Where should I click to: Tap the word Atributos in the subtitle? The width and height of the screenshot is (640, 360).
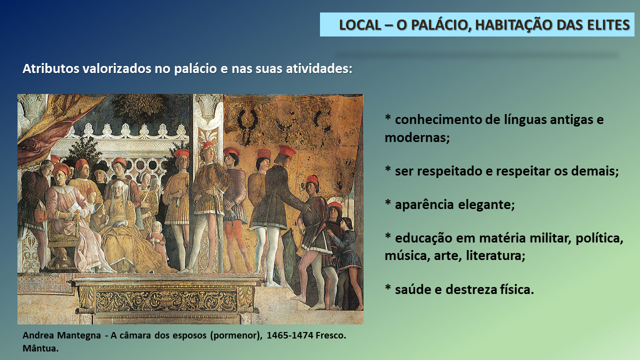51,68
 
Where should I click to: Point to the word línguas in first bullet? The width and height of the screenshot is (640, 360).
525,119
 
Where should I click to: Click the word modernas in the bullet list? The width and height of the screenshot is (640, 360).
417,137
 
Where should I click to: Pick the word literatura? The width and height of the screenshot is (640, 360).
495,255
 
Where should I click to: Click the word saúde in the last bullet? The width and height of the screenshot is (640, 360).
412,289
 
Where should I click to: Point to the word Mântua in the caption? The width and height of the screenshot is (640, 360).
40,348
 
